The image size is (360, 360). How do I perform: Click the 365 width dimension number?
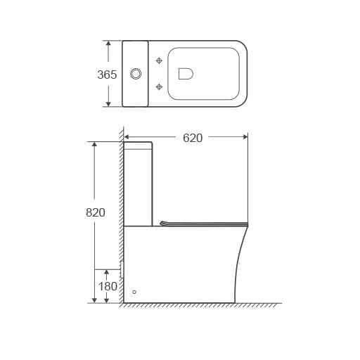coord(107,74)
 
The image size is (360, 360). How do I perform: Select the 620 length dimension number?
coord(193,138)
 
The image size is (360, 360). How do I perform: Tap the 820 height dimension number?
coord(96,212)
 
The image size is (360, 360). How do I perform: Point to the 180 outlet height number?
coord(108,286)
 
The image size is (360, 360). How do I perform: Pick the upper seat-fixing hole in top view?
coord(159,59)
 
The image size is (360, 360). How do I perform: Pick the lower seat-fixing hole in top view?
coord(159,86)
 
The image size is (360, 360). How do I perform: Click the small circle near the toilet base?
coord(134,291)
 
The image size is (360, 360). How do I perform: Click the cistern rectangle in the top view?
coord(135,73)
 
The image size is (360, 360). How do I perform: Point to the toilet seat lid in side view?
coord(204,224)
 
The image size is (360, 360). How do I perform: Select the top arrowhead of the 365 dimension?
coord(108,44)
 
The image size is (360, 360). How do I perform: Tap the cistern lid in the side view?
coord(138,146)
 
